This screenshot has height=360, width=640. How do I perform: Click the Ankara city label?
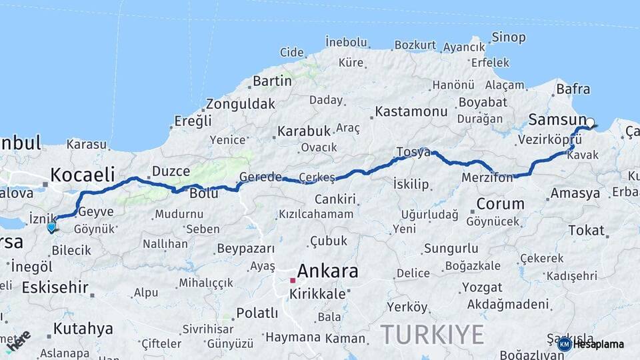point(327,271)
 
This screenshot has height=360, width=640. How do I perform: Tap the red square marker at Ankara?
point(292,281)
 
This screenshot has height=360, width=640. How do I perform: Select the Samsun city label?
point(557,120)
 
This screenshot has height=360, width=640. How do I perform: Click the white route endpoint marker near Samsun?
point(589,123)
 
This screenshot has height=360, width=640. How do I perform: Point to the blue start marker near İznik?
point(51,227)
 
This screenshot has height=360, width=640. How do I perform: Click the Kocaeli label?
point(83,175)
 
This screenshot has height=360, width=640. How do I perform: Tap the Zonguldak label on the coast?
point(240,104)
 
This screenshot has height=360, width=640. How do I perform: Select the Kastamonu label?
point(411,111)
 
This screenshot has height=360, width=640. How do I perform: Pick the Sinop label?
point(509,37)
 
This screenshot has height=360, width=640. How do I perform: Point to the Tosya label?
point(413,152)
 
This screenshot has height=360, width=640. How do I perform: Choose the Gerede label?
point(261,177)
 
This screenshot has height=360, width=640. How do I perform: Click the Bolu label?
point(204,193)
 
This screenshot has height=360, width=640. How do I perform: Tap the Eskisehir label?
point(55,288)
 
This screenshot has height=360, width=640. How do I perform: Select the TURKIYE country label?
point(432,335)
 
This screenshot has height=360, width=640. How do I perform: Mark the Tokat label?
point(586,231)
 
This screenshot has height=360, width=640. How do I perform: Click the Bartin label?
point(271,81)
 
